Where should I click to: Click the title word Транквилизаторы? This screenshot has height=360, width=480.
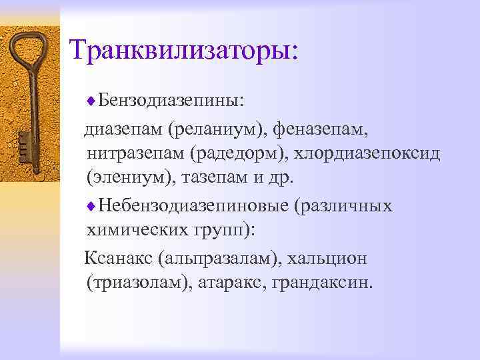tap(184, 51)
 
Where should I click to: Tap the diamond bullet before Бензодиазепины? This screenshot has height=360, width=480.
tap(91, 101)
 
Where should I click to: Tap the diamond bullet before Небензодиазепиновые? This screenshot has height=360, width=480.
tap(91, 205)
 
